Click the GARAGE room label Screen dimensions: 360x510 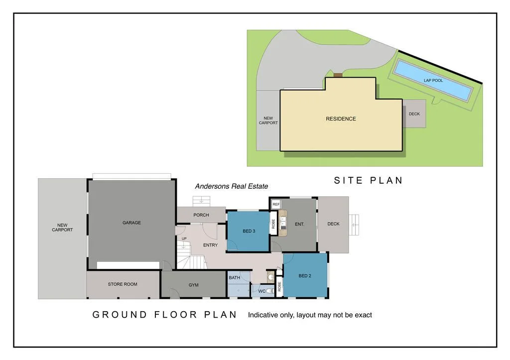[131, 223]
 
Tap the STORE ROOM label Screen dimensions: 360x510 [123, 284]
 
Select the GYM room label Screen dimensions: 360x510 [193, 285]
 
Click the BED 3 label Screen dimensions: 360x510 [249, 231]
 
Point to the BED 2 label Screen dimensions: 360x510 [305, 276]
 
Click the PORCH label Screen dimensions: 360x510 [201, 215]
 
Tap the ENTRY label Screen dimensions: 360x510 [210, 245]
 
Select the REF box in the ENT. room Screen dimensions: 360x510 [276, 204]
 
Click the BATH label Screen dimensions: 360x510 [234, 277]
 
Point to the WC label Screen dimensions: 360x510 [261, 291]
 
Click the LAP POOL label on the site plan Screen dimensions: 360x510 [433, 80]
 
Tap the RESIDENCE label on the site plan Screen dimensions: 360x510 [341, 119]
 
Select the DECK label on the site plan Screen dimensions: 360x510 [414, 114]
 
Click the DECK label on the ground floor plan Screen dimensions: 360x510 [333, 224]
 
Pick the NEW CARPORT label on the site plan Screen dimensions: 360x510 [268, 120]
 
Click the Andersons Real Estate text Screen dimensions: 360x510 [231, 186]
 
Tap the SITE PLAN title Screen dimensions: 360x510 [368, 180]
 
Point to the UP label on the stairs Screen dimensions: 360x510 [184, 239]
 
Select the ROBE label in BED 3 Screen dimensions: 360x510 [273, 224]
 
